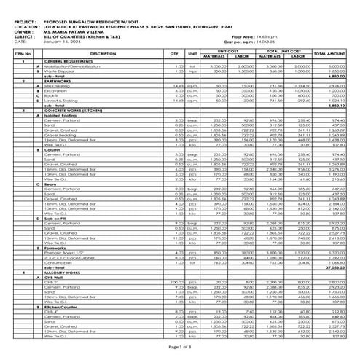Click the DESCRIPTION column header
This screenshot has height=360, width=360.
pyautogui.click(x=102, y=54)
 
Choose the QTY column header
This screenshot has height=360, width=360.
pyautogui.click(x=174, y=54)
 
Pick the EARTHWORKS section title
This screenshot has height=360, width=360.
pyautogui.click(x=58, y=80)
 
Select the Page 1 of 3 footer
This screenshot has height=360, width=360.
pyautogui.click(x=179, y=351)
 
